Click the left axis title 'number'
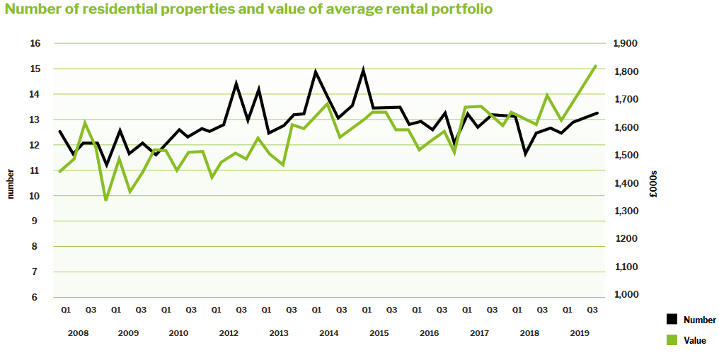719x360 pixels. (x=11, y=184)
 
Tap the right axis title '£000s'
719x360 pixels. (x=655, y=184)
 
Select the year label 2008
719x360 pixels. (x=77, y=333)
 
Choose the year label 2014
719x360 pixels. (x=328, y=333)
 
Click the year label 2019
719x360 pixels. (x=580, y=333)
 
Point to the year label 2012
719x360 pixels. (x=228, y=333)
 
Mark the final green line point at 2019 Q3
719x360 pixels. (x=596, y=66)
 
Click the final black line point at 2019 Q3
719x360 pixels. (x=596, y=113)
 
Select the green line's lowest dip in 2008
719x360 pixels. (x=106, y=200)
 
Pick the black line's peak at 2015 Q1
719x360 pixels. (x=363, y=70)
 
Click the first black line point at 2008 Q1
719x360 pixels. (x=60, y=132)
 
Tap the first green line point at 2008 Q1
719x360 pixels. (x=60, y=171)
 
